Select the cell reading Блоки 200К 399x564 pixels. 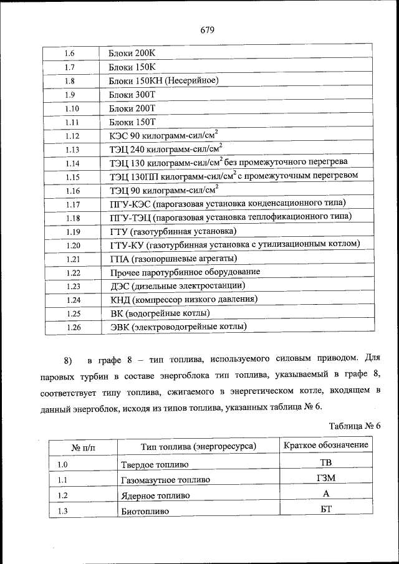[x=132, y=53]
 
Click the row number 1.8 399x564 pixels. [x=70, y=80]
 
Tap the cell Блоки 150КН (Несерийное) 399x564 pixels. [x=163, y=80]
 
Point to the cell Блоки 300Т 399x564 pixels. [x=132, y=94]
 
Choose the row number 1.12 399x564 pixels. [x=72, y=135]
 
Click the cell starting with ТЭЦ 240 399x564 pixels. [x=166, y=149]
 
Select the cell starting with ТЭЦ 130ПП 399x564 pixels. [x=234, y=176]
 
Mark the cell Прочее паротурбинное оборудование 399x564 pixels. [x=185, y=272]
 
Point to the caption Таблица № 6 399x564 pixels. [x=354, y=425]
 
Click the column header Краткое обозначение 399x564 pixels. [x=326, y=445]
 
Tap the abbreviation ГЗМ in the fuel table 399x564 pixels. [x=326, y=478]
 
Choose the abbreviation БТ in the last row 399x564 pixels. [x=326, y=510]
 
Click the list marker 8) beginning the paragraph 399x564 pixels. [x=68, y=360]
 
